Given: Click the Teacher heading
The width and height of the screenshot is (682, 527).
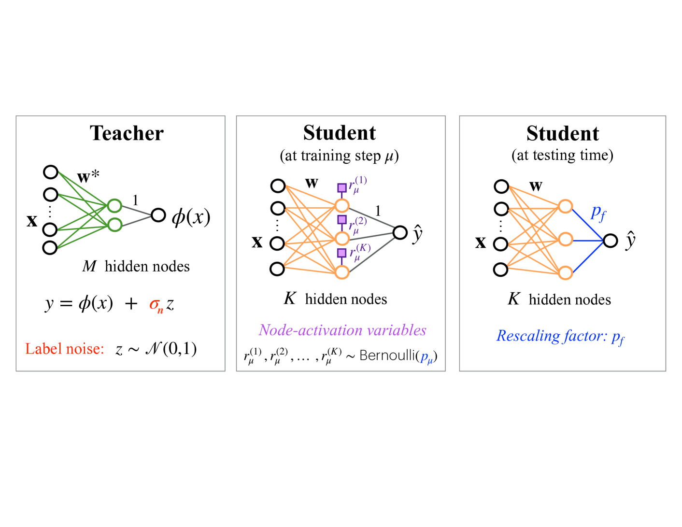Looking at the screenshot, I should click(x=127, y=133).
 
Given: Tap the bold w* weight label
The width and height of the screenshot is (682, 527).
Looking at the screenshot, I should click(x=88, y=176).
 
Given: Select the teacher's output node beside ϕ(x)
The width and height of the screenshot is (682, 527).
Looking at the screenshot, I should click(x=158, y=215).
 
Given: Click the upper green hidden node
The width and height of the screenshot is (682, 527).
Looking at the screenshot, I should click(x=114, y=206).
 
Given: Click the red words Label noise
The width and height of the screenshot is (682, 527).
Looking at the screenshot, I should click(x=65, y=349).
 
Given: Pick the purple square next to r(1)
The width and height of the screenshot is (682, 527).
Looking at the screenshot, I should click(x=341, y=188).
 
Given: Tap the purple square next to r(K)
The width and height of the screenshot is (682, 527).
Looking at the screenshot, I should click(x=341, y=253).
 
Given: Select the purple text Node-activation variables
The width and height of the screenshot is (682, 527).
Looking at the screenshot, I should click(x=342, y=330).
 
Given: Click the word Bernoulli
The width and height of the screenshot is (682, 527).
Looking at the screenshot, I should click(x=388, y=356).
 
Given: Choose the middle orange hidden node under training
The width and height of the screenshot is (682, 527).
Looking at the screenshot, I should click(x=342, y=238).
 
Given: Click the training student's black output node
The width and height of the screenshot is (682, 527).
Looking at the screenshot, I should click(x=400, y=233).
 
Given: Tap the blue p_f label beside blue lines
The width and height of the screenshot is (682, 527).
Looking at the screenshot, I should click(x=598, y=213).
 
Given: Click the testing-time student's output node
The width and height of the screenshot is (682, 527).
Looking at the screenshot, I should click(x=611, y=241).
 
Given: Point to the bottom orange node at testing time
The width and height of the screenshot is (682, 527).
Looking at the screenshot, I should click(x=565, y=273).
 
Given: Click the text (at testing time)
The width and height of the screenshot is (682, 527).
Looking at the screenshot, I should click(x=562, y=155).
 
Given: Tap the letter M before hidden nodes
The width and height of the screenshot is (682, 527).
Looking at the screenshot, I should click(x=89, y=266).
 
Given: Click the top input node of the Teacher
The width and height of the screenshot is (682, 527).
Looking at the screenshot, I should click(x=51, y=172).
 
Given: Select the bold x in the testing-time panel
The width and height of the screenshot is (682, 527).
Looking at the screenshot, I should click(x=480, y=242).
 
